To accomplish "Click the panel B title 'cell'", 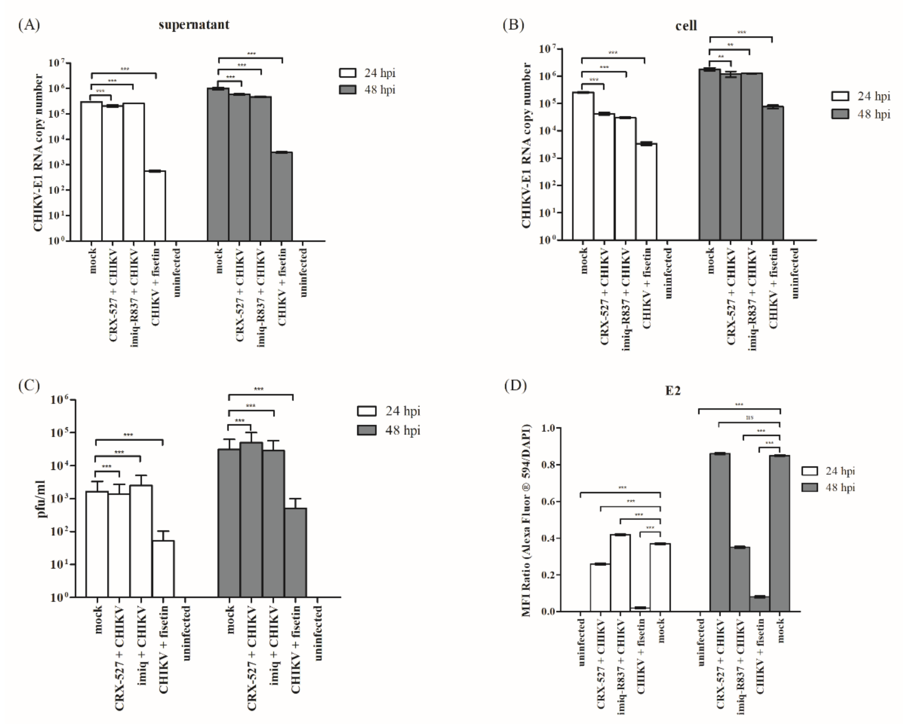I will (686, 26).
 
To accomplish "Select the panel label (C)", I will (29, 386).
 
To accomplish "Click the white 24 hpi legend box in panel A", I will (347, 73).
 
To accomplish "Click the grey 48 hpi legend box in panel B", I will (840, 114).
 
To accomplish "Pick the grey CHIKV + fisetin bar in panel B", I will (773, 174).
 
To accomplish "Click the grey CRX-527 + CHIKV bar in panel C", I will (251, 519).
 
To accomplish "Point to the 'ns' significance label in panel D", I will (750, 417).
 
